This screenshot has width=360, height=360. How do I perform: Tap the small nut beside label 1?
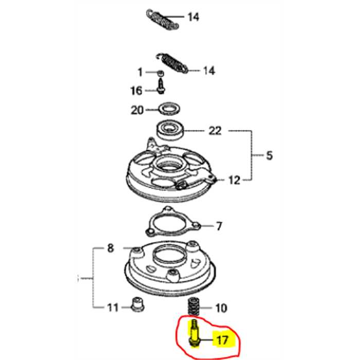coord(160,72)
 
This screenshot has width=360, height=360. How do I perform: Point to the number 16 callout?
coord(135,91)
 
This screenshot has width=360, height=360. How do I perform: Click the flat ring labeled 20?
coord(168,110)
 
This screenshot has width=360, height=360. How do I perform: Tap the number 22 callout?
coord(214,131)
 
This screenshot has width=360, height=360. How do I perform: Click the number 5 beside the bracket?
coord(269,155)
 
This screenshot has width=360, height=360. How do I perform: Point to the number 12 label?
coord(234,180)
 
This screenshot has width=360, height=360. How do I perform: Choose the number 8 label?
coord(110,249)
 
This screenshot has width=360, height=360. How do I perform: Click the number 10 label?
coord(221,309)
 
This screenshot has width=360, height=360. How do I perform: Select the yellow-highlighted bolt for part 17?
coord(194,334)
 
